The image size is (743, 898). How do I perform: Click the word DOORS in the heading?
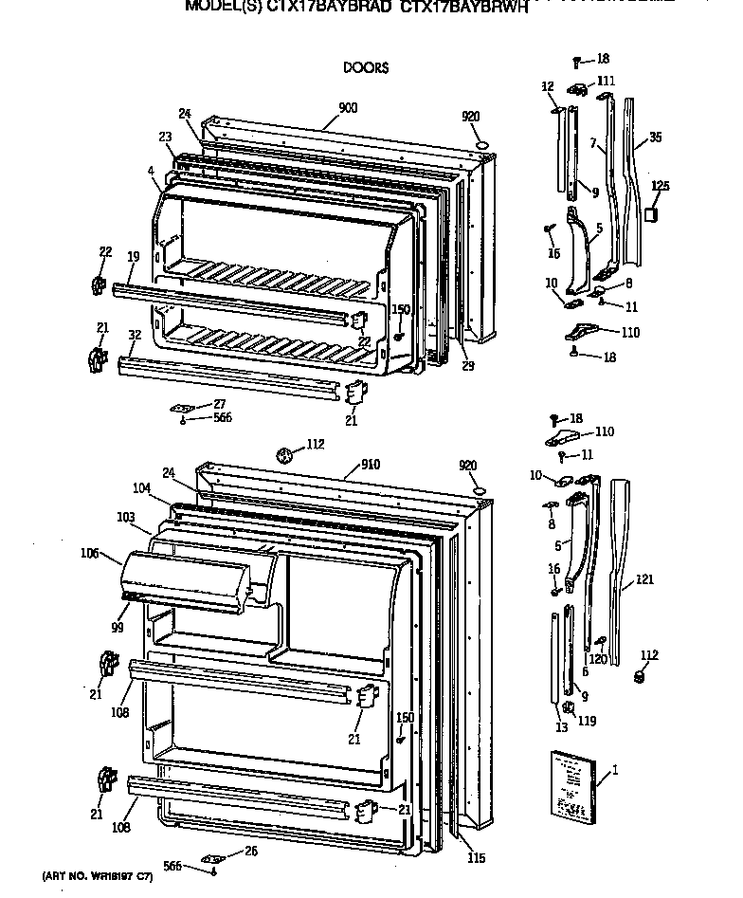click(365, 67)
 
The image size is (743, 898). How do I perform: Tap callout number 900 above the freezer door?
click(347, 108)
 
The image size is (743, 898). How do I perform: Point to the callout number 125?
click(661, 186)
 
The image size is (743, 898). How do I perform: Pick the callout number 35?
click(655, 137)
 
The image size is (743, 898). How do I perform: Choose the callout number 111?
click(606, 81)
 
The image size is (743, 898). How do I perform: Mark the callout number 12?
click(547, 86)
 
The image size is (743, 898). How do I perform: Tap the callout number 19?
click(133, 256)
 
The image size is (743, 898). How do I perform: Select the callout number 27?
click(219, 403)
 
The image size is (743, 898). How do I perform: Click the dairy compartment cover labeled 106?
click(185, 579)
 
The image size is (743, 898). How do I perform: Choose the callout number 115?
click(476, 858)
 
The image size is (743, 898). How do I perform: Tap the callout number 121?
click(645, 579)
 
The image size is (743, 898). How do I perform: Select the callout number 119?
click(588, 721)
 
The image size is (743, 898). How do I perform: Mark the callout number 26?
click(250, 850)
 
